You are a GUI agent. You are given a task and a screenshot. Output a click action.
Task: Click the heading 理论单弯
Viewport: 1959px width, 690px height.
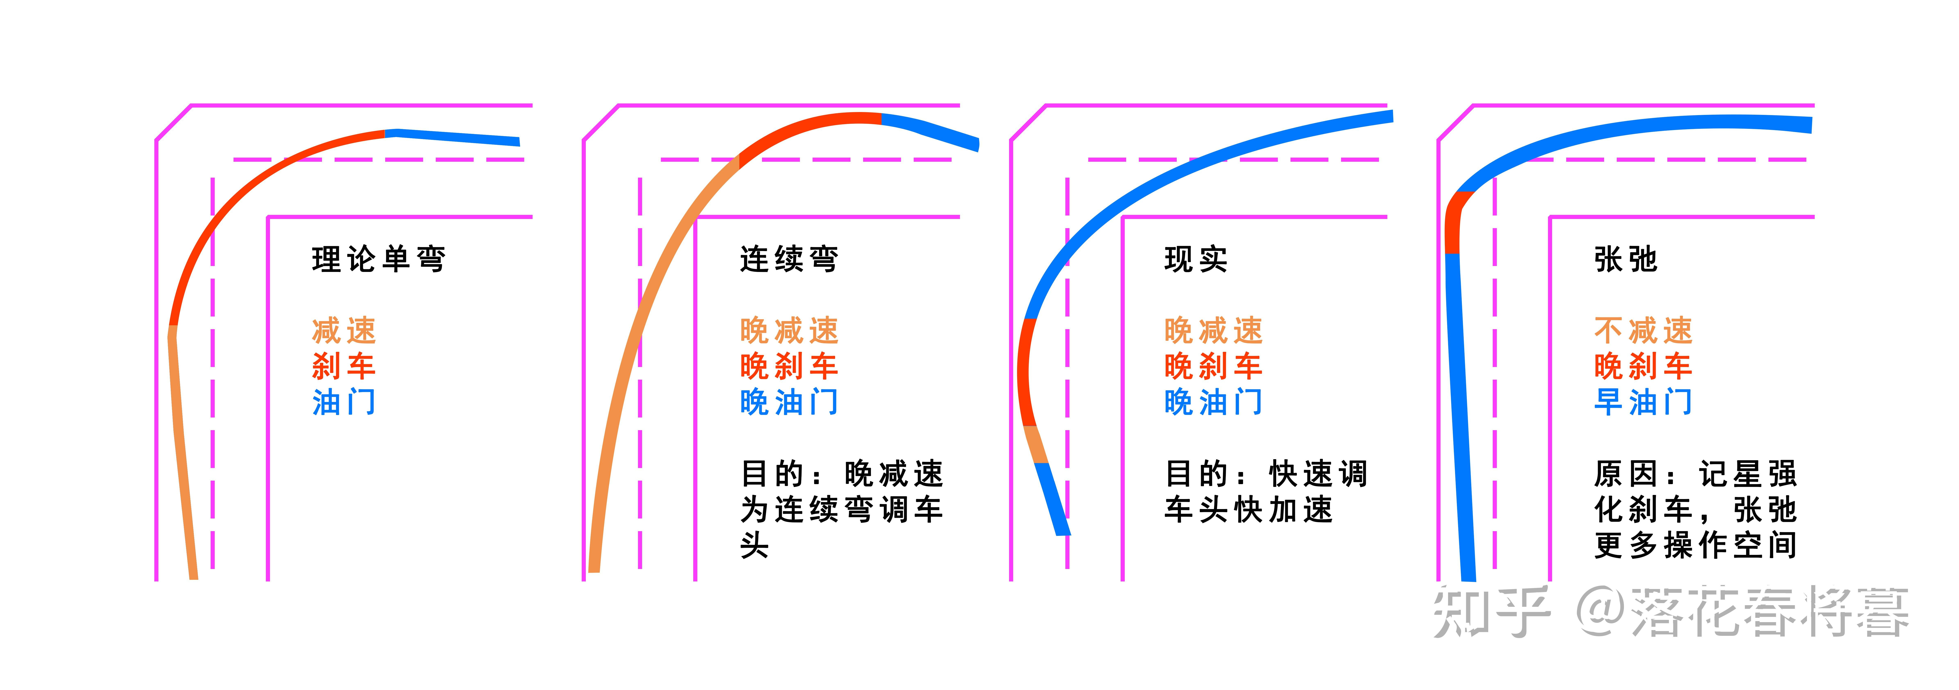pos(378,259)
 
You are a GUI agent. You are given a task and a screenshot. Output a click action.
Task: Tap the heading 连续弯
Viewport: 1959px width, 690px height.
pos(789,259)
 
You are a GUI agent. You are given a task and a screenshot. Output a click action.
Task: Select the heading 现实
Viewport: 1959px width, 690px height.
pos(1196,259)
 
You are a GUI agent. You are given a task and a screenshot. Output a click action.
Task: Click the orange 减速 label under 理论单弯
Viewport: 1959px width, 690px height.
pos(344,331)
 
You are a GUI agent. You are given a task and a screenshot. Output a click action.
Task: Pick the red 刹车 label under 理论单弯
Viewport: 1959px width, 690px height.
pos(344,366)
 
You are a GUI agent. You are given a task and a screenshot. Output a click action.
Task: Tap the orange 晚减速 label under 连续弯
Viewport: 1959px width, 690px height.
pos(789,331)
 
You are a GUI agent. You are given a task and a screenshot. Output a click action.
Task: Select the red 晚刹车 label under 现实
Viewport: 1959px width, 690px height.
pos(1213,366)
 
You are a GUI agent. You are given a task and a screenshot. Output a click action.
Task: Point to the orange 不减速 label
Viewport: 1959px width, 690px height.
pos(1643,331)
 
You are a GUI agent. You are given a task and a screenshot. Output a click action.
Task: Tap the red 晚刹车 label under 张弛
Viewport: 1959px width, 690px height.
pos(1643,366)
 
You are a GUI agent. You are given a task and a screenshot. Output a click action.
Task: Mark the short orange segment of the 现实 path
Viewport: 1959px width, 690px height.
pos(1036,444)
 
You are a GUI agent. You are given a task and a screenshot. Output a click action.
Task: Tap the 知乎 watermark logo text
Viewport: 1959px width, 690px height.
pos(1490,612)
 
